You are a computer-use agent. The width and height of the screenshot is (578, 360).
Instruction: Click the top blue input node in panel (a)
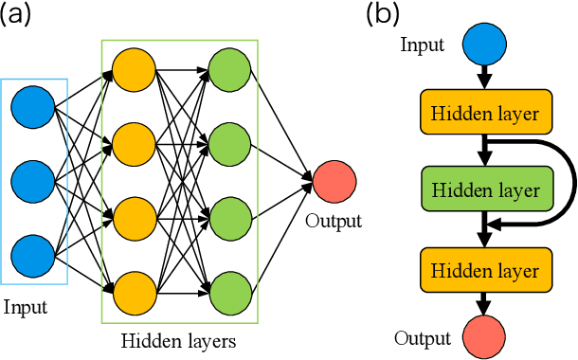33,106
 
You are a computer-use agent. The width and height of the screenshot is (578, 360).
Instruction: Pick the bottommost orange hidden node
134,291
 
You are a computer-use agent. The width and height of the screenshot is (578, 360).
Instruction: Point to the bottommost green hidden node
229,291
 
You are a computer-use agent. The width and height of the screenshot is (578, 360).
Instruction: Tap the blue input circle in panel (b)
484,44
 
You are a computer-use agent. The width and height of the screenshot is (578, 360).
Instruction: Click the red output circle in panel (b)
484,337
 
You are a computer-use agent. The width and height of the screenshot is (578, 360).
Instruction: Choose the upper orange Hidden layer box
485,114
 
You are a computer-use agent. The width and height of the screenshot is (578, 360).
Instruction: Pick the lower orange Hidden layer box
485,271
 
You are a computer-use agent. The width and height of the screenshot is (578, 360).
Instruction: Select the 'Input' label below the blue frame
25,307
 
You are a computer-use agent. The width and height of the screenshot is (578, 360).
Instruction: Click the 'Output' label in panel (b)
423,338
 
